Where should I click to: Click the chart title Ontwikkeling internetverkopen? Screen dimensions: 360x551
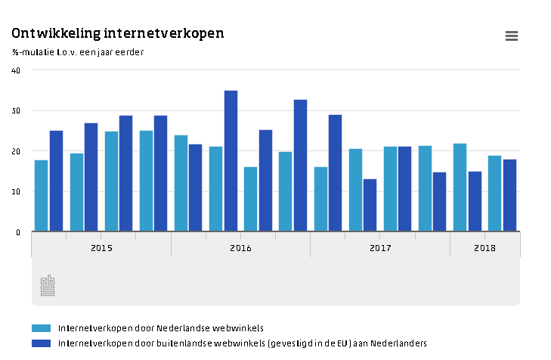pyautogui.click(x=117, y=34)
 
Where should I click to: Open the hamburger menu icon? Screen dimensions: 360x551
pyautogui.click(x=512, y=36)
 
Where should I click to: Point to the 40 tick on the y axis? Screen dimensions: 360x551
pyautogui.click(x=16, y=70)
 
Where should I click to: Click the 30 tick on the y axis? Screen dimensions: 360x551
pyautogui.click(x=16, y=111)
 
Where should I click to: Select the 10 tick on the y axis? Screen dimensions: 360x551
pyautogui.click(x=16, y=192)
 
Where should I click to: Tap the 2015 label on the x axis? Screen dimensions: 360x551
pyautogui.click(x=101, y=247)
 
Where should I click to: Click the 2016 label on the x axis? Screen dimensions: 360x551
pyautogui.click(x=240, y=247)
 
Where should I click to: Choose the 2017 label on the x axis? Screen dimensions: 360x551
pyautogui.click(x=380, y=247)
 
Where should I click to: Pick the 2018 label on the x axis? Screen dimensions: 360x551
pyautogui.click(x=485, y=247)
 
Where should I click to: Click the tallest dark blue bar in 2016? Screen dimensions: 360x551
pyautogui.click(x=231, y=161)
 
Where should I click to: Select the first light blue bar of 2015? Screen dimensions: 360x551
pyautogui.click(x=42, y=196)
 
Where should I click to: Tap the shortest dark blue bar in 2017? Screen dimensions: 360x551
pyautogui.click(x=370, y=205)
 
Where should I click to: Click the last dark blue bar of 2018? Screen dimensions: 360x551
pyautogui.click(x=509, y=195)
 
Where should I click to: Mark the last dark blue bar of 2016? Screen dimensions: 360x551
pyautogui.click(x=300, y=166)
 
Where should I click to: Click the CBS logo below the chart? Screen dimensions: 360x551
pyautogui.click(x=48, y=285)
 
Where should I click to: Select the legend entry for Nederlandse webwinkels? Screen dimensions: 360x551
pyautogui.click(x=160, y=328)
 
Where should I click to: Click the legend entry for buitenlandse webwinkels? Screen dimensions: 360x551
pyautogui.click(x=242, y=343)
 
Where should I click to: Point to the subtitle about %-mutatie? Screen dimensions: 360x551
pyautogui.click(x=78, y=52)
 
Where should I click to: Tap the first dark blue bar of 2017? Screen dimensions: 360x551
pyautogui.click(x=335, y=173)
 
